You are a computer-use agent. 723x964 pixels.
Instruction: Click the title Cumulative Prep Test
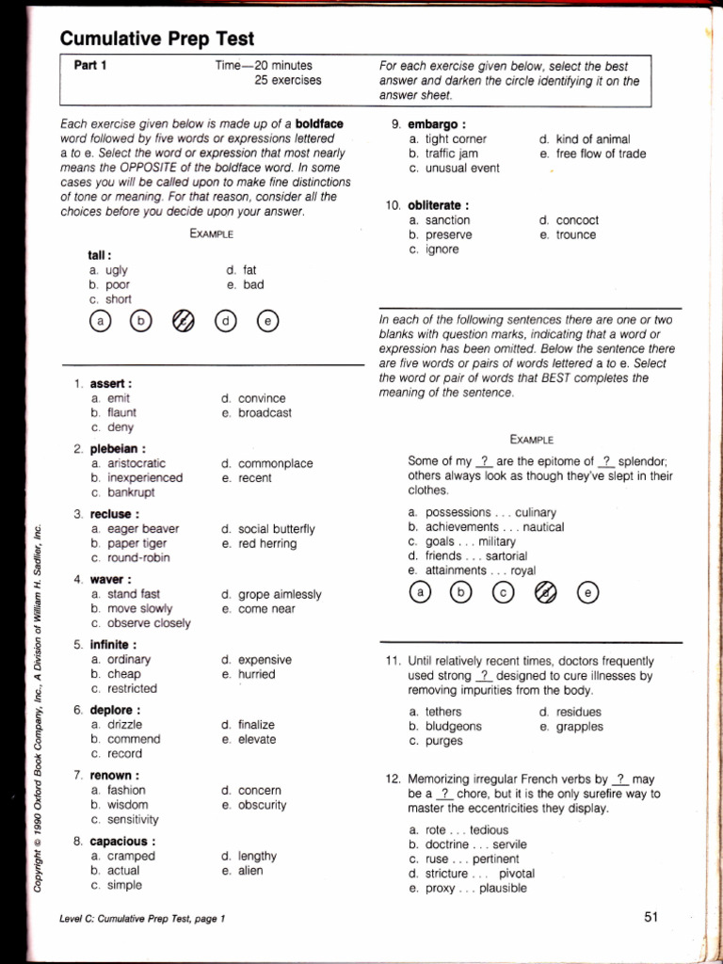click(157, 39)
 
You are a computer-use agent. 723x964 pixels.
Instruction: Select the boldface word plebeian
click(117, 449)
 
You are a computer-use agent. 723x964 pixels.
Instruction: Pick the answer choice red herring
click(267, 543)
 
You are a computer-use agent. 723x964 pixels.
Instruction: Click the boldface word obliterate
click(438, 205)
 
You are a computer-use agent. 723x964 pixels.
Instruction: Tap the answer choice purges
click(443, 741)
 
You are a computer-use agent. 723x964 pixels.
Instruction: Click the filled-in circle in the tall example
click(185, 321)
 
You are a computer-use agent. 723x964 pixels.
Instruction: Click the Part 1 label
click(90, 66)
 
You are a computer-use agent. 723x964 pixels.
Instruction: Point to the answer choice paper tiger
click(136, 543)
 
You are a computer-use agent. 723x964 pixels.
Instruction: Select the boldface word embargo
click(436, 124)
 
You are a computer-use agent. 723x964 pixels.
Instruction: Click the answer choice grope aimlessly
click(280, 595)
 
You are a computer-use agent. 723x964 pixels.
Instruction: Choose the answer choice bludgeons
click(453, 727)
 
